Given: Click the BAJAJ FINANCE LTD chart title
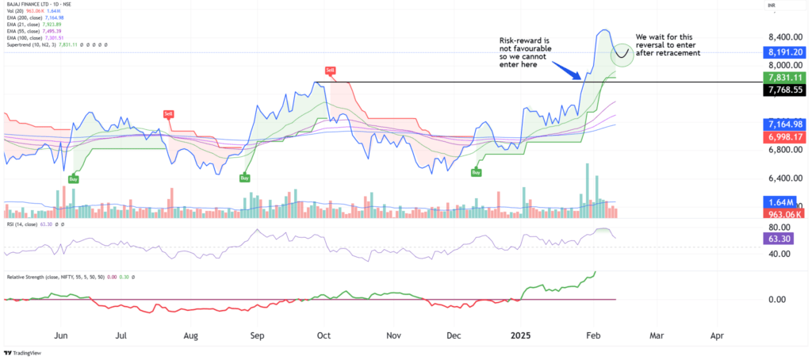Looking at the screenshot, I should click(x=36, y=4).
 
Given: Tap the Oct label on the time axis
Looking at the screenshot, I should click(x=324, y=336).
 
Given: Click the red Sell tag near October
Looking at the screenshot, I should click(x=329, y=71).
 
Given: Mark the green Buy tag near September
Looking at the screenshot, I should click(x=246, y=178).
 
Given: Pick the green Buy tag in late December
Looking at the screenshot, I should click(x=477, y=172).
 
